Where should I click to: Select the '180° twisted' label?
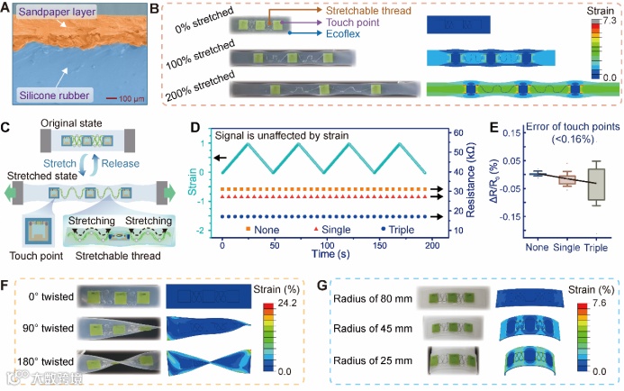pyautogui.click(x=45, y=363)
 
